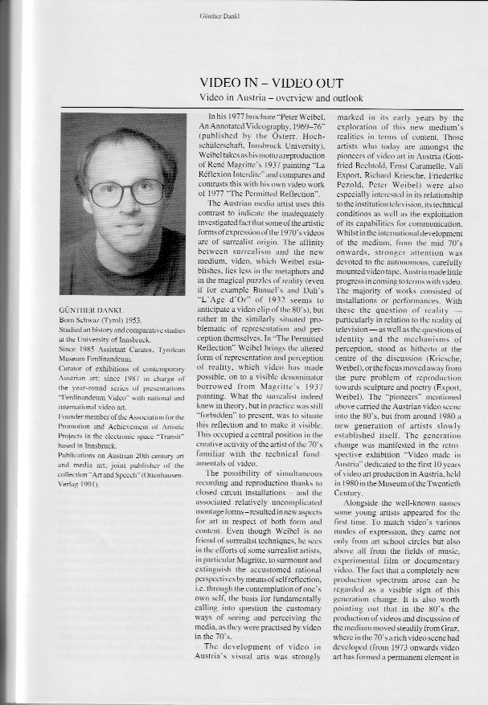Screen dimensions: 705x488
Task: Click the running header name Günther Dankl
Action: [244, 15]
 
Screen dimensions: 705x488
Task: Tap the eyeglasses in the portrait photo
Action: [126, 192]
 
